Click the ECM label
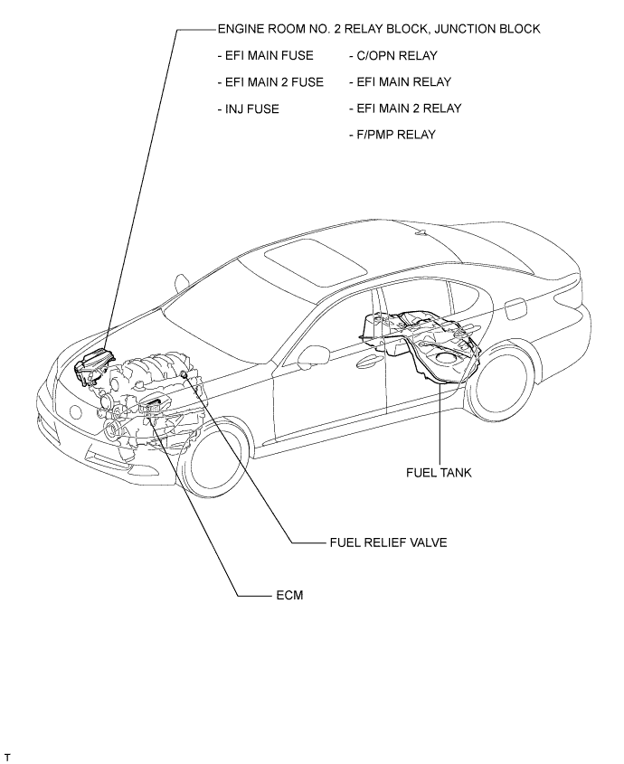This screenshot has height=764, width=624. [x=289, y=596]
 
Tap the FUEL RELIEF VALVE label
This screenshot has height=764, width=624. [x=389, y=542]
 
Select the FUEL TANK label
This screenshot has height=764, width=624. [x=439, y=473]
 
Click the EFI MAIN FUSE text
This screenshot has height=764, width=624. [x=266, y=55]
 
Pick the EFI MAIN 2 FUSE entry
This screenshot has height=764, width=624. [x=270, y=82]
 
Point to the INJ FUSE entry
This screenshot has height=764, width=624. [x=248, y=108]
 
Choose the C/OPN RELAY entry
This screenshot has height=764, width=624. [x=392, y=55]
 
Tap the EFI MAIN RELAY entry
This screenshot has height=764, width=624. [x=401, y=82]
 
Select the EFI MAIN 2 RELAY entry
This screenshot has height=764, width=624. [x=405, y=108]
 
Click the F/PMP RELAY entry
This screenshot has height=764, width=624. [x=392, y=135]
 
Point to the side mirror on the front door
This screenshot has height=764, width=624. [x=310, y=354]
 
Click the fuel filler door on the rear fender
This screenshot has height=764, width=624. [x=515, y=309]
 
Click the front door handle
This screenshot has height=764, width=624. [x=369, y=360]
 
